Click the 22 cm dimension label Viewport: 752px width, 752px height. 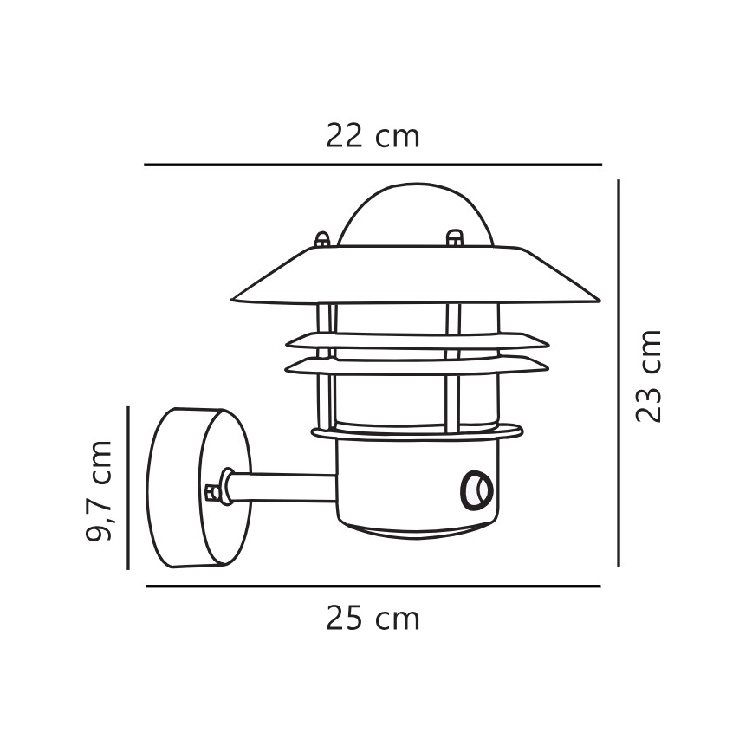pyautogui.click(x=373, y=136)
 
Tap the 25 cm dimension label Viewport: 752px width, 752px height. pyautogui.click(x=373, y=619)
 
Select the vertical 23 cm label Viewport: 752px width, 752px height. pyautogui.click(x=649, y=375)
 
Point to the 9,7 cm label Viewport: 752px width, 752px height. pyautogui.click(x=100, y=490)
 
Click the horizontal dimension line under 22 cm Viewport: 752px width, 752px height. pyautogui.click(x=373, y=165)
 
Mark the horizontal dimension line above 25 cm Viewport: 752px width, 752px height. pyautogui.click(x=373, y=587)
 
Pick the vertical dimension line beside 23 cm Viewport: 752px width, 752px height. pyautogui.click(x=619, y=373)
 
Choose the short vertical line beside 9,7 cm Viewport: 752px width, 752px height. pyautogui.click(x=128, y=488)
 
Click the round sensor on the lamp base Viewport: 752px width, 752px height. pyautogui.click(x=475, y=489)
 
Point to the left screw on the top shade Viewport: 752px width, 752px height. pyautogui.click(x=322, y=238)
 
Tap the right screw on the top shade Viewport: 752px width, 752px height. pyautogui.click(x=453, y=237)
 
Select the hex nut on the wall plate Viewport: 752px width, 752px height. pyautogui.click(x=212, y=491)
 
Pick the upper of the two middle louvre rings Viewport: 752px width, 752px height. pyautogui.click(x=416, y=340)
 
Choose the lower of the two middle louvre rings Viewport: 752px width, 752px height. pyautogui.click(x=416, y=366)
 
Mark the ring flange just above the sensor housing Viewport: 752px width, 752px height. pyautogui.click(x=416, y=432)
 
